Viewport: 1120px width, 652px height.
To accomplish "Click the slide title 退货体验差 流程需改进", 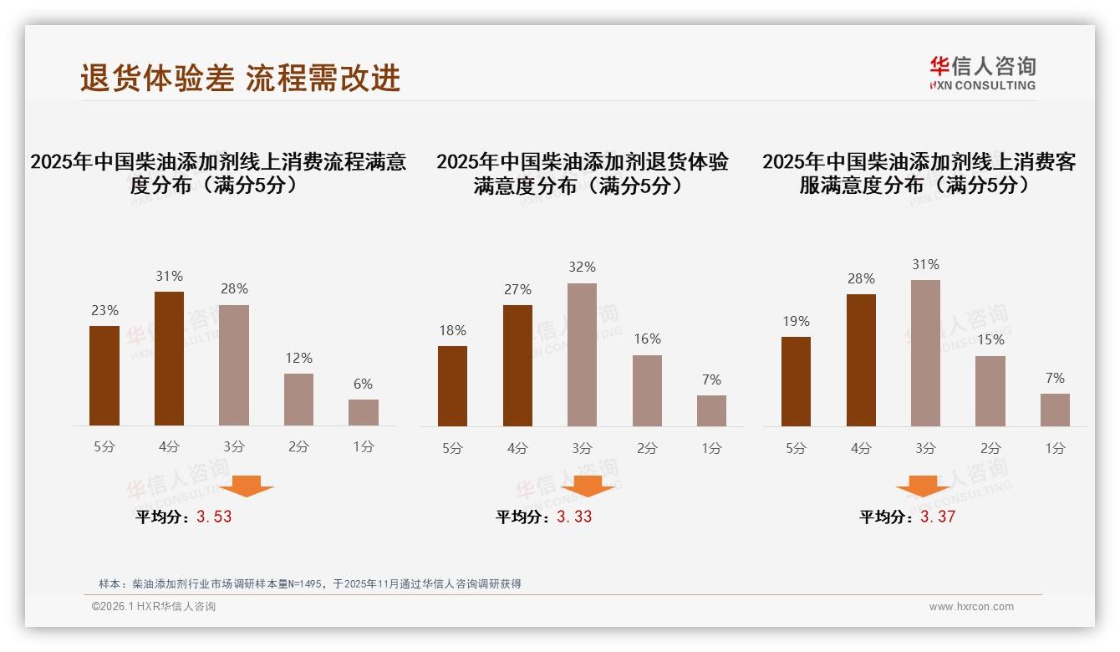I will point(241,78).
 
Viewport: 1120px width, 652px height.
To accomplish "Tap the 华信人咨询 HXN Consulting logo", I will point(982,74).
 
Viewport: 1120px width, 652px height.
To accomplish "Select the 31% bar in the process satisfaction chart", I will point(169,359).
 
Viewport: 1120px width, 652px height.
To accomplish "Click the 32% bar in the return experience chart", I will point(582,355).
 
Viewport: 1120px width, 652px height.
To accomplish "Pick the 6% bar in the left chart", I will point(364,413).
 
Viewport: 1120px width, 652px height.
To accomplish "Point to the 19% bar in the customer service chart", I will point(796,382).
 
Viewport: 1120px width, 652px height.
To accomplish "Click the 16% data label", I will point(647,339).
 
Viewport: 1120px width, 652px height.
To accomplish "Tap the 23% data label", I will point(104,310).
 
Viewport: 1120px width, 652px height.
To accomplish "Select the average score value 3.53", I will point(214,517).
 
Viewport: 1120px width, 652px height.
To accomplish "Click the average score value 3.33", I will point(574,517).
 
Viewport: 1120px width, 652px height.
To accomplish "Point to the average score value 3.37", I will point(938,517).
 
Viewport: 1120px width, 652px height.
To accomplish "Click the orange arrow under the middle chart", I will point(588,486).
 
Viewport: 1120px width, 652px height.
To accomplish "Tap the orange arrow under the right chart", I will point(923,486).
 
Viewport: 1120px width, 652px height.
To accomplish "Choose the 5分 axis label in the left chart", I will point(104,447).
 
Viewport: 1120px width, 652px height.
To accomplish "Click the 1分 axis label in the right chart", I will point(1055,449).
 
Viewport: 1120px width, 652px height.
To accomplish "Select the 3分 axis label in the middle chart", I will point(582,449).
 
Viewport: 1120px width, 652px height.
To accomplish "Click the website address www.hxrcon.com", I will point(971,607).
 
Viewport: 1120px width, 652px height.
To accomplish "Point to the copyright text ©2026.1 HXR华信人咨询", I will point(154,607).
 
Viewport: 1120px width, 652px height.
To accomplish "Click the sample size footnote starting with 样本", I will point(309,584).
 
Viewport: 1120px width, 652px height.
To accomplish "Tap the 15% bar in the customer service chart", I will point(990,391).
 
